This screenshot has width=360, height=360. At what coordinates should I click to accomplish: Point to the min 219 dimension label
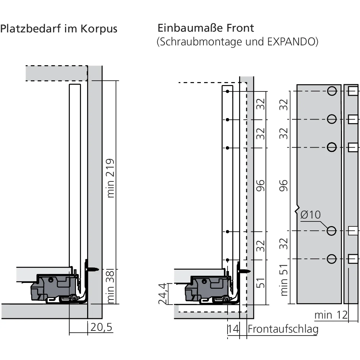point(111,178)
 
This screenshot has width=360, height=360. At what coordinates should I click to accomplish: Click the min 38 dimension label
point(111,287)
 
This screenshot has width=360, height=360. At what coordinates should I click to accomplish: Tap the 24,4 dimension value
point(164,293)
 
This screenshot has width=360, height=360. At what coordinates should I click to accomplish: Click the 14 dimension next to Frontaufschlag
point(233,329)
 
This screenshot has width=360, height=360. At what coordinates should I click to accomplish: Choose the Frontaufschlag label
point(283,329)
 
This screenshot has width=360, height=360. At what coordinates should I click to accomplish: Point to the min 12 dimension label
point(331,315)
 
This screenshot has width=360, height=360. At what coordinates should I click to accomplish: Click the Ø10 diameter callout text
point(310,215)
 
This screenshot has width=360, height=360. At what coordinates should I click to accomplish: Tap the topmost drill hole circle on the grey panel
point(332,91)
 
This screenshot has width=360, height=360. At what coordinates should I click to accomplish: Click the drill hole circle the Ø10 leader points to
point(332,231)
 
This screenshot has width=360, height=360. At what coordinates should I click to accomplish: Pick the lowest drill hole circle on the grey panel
point(332,258)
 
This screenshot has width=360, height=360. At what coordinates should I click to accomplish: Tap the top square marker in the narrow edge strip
point(352,91)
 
